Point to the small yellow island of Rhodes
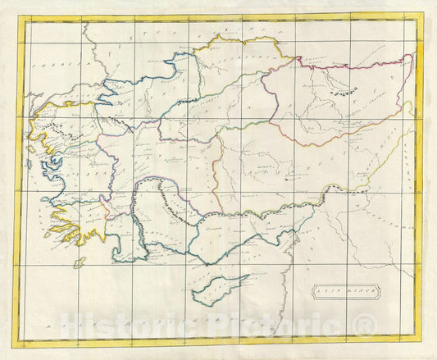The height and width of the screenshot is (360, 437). coord(79,262)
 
